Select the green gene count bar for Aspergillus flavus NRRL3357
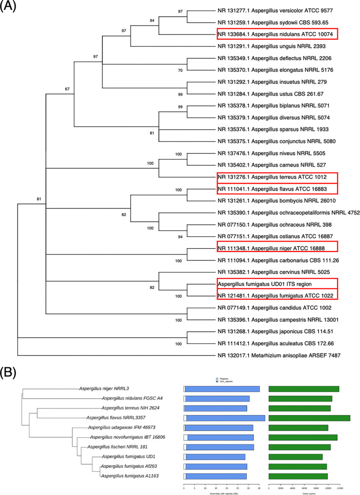(309, 418)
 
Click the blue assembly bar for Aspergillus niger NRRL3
(222, 389)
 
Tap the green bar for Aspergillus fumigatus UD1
(295, 457)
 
